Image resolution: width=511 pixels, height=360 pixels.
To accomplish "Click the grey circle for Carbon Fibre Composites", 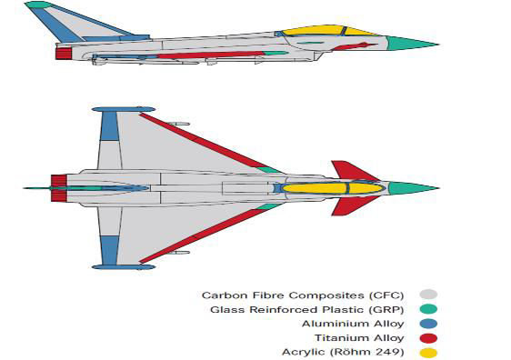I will (428, 295).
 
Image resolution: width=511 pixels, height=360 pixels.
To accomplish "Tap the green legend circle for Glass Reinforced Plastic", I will (428, 309).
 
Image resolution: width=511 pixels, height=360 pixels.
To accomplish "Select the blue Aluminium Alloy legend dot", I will (428, 324).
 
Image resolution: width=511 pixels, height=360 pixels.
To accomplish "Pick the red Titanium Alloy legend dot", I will (428, 338).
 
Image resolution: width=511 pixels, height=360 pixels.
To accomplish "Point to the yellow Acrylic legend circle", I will (428, 352).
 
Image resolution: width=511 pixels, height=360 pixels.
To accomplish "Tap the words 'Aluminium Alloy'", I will (360, 324).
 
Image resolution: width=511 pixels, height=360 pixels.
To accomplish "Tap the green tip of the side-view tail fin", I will (37, 5).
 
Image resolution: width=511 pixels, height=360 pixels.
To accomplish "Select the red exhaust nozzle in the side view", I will (64, 53).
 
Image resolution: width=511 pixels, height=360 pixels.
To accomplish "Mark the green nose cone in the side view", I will (409, 43).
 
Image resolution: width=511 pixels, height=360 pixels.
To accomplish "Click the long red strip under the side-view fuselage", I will (209, 55).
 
